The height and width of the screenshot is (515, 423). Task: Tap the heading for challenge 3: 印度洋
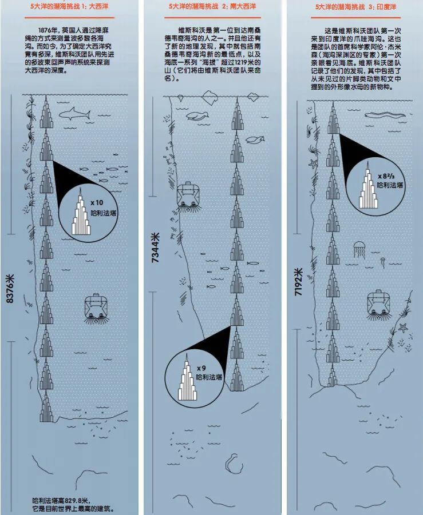[x=354, y=7]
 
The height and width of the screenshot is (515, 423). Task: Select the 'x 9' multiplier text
[x=201, y=368]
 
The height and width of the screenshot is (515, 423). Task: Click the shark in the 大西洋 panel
[x=75, y=114]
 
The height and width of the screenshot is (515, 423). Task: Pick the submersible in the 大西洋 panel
[x=95, y=307]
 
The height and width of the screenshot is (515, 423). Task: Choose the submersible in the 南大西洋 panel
[x=187, y=195]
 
